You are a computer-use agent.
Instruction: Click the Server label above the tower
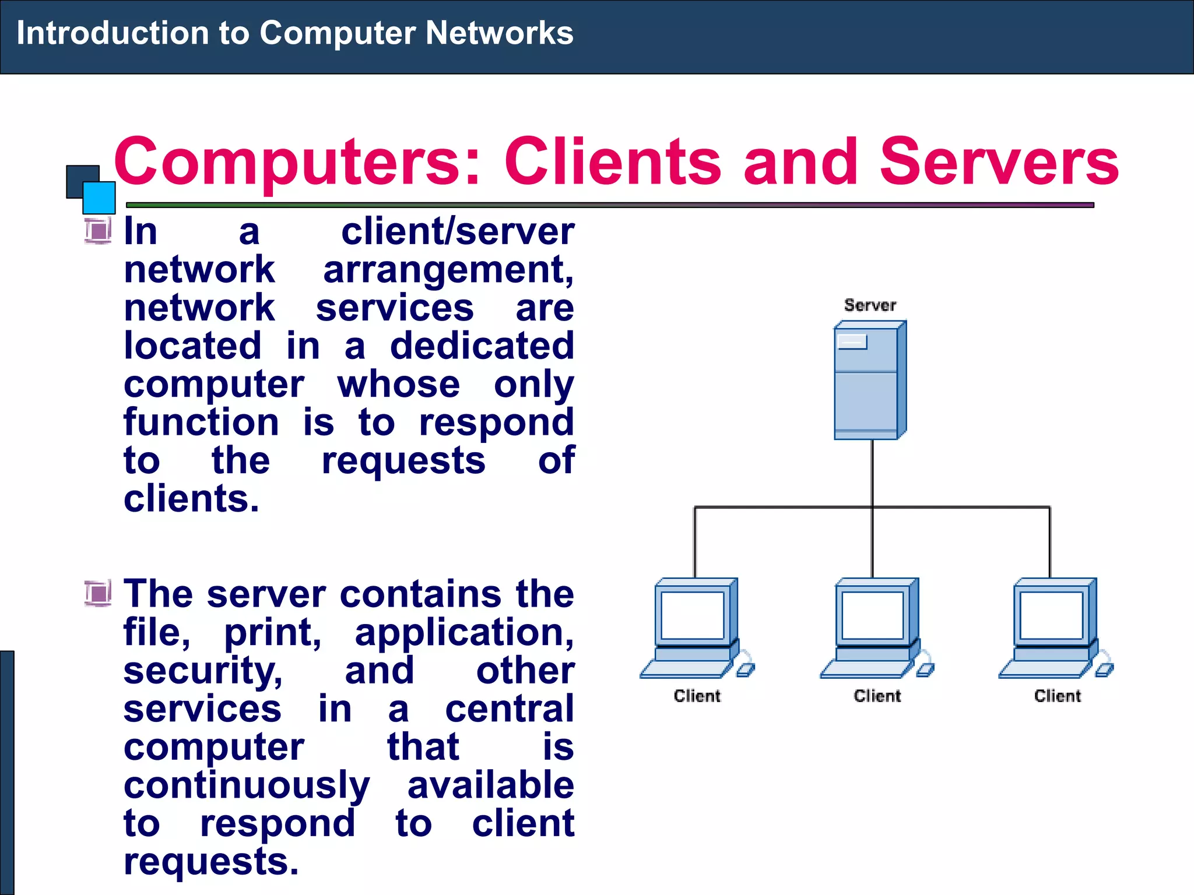870,305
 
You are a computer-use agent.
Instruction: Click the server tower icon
869,382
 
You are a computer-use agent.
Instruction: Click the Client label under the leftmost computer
697,696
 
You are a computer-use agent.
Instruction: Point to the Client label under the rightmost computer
1057,696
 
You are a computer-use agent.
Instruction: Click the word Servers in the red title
999,161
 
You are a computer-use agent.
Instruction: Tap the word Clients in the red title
612,161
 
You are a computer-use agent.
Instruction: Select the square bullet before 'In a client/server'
98,231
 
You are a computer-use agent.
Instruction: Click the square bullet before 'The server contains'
98,594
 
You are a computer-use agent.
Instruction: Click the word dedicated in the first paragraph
482,346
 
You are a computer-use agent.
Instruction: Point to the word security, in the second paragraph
203,671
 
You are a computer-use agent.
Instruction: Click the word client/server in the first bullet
458,232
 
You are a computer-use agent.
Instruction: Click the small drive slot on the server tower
852,341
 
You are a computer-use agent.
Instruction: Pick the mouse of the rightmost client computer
1104,670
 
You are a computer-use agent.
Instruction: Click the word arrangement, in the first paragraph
448,270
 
